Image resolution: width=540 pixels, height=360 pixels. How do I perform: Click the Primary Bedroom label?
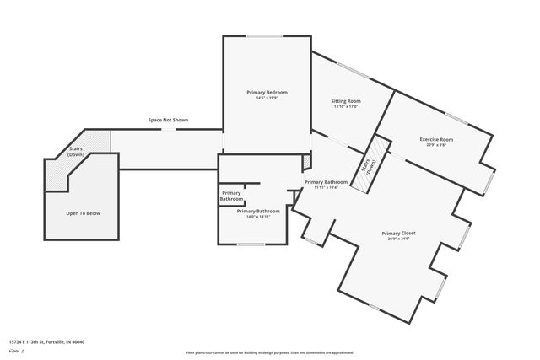(x=267, y=91)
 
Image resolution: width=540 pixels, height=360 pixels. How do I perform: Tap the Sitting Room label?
(x=346, y=101)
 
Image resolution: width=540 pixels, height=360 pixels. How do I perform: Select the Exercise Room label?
(x=436, y=139)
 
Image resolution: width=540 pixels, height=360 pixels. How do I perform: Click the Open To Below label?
(x=84, y=213)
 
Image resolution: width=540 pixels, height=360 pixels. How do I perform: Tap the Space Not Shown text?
(x=168, y=121)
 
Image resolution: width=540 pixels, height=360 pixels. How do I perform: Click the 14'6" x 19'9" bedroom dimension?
(x=267, y=98)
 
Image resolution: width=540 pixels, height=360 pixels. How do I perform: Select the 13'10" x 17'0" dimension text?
(x=346, y=107)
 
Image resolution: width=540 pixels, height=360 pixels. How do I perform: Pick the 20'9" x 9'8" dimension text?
(x=436, y=145)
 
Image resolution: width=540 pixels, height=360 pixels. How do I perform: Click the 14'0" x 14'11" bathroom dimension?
(x=256, y=217)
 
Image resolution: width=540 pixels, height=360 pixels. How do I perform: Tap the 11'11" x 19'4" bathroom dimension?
(x=326, y=188)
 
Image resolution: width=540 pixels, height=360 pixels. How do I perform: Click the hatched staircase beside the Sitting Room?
(x=370, y=166)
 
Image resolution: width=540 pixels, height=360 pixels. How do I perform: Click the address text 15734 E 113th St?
(x=46, y=341)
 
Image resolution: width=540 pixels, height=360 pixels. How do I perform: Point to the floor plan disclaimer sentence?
(x=269, y=352)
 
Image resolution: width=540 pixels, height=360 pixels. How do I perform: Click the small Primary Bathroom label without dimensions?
(x=232, y=196)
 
